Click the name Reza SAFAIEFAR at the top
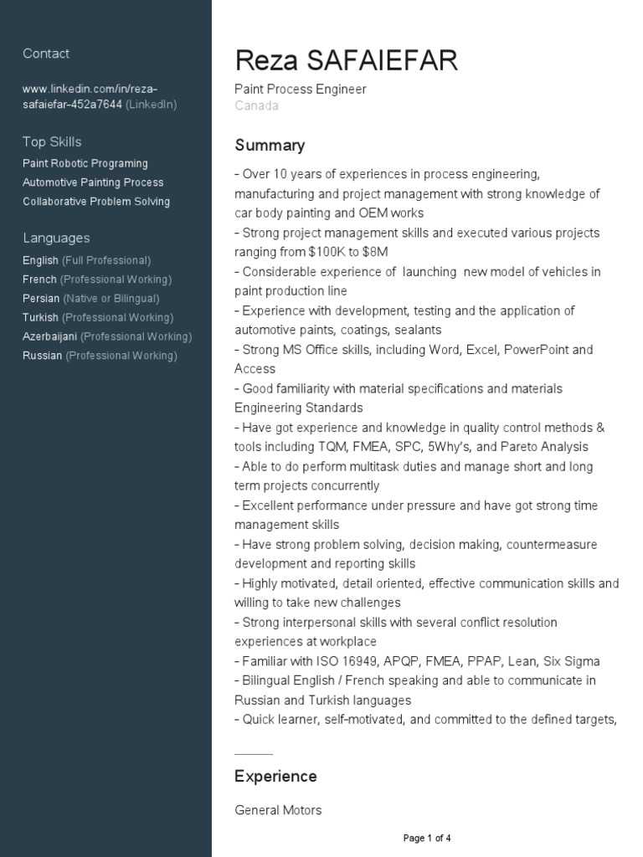pyautogui.click(x=347, y=61)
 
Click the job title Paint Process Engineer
pyautogui.click(x=301, y=89)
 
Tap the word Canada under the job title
pyautogui.click(x=256, y=105)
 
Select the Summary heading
pyautogui.click(x=270, y=146)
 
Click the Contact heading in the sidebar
pyautogui.click(x=46, y=54)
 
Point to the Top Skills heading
pyautogui.click(x=52, y=142)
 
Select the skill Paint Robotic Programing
pyautogui.click(x=85, y=163)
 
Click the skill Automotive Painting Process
pyautogui.click(x=93, y=182)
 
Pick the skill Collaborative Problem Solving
pyautogui.click(x=96, y=202)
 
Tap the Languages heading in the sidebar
pyautogui.click(x=56, y=238)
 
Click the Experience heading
pyautogui.click(x=275, y=777)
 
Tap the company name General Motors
pyautogui.click(x=278, y=810)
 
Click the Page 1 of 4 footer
pyautogui.click(x=427, y=838)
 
